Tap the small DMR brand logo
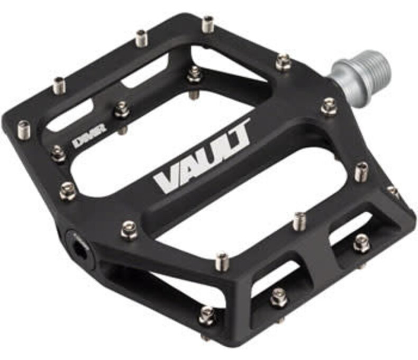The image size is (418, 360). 89,136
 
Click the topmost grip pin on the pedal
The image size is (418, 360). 208,24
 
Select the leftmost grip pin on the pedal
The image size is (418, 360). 24,130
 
